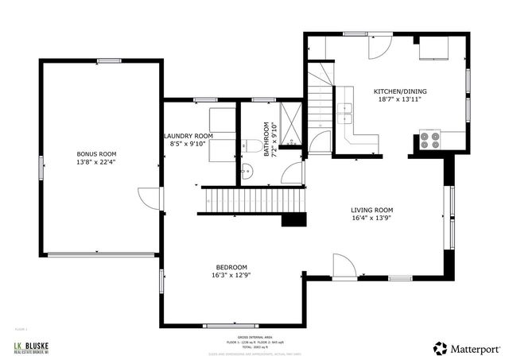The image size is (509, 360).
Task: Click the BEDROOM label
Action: [231, 267]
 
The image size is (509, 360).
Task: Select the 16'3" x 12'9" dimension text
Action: [231, 276]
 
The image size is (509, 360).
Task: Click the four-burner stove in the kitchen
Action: [429, 141]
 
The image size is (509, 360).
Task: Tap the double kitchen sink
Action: [345, 110]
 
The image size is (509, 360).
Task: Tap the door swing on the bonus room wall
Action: [149, 199]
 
